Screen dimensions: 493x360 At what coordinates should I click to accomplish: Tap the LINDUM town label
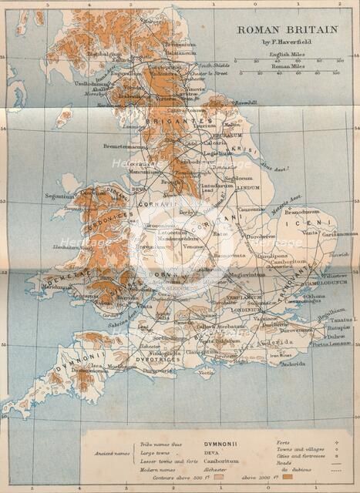[249, 187]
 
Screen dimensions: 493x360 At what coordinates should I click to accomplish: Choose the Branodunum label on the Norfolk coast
[301, 210]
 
